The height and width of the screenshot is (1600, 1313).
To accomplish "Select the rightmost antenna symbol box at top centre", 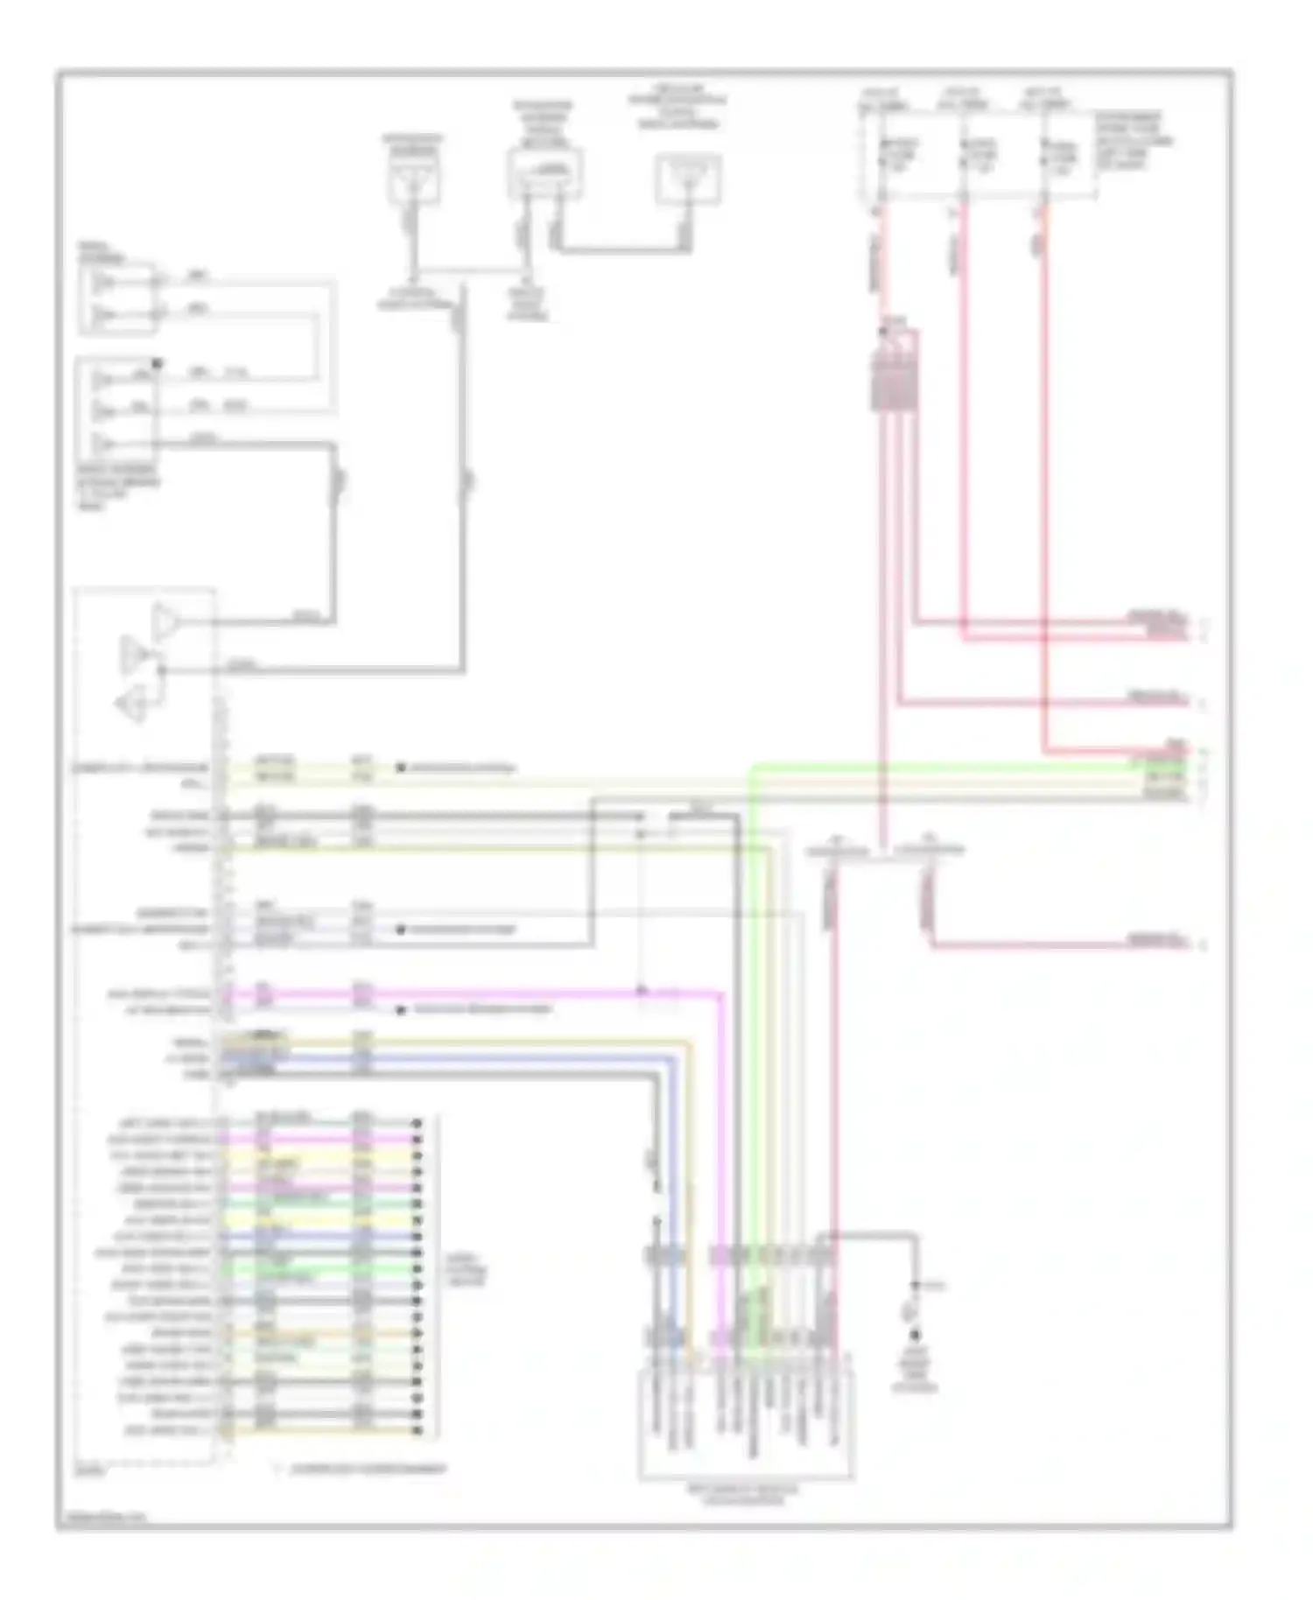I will (688, 179).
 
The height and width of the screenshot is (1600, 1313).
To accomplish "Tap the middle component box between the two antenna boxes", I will (544, 174).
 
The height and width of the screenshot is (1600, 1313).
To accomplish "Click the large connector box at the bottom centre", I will (746, 1421).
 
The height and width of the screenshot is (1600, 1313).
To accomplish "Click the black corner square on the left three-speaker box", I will (158, 362).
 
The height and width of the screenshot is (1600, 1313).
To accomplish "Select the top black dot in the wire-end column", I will (418, 1123).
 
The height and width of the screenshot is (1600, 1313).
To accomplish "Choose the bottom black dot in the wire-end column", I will (418, 1430).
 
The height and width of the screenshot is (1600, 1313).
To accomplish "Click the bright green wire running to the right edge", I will (963, 766).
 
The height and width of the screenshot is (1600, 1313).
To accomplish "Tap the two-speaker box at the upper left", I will (118, 298).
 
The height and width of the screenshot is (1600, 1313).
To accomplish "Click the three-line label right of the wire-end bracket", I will (465, 1270).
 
